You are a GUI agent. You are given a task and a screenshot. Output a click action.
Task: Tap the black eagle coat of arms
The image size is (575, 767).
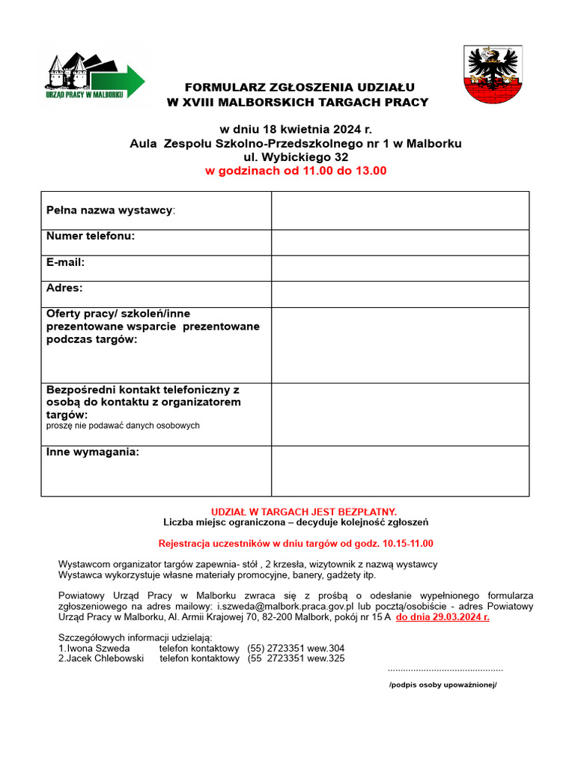pos(493,75)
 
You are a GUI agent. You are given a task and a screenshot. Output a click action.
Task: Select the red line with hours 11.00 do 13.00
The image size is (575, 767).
pos(296,171)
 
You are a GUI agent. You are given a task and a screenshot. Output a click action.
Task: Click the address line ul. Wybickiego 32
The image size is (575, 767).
pos(296,157)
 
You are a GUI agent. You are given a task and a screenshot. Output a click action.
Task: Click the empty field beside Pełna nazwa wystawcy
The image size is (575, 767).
pos(400,210)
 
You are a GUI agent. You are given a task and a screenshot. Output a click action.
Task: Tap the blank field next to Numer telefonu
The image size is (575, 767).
pos(400,242)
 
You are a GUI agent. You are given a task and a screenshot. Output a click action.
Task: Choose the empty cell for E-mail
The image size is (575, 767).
pos(400,268)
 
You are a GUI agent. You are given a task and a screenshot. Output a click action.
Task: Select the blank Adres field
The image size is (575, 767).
pos(400,294)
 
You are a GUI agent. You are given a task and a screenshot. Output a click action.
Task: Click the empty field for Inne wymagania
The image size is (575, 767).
pos(400,470)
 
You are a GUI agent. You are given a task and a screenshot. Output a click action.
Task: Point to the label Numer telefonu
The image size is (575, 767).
pos(91,237)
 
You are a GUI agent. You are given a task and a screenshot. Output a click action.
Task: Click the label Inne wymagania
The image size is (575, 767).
pos(93,452)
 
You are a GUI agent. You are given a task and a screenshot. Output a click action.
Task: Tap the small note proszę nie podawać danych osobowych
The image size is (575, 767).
pos(124,425)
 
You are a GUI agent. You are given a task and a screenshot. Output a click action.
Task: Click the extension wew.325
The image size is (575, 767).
pos(326,658)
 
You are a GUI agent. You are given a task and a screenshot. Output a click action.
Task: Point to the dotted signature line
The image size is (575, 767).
pos(445,669)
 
